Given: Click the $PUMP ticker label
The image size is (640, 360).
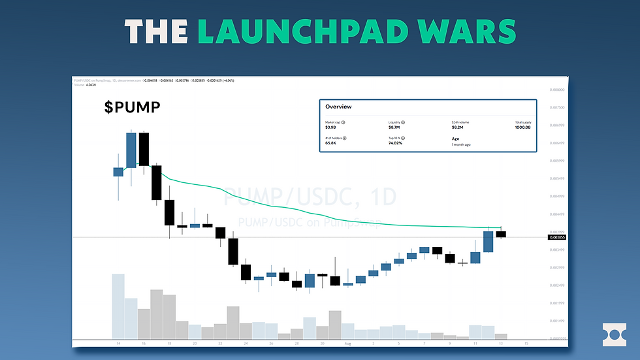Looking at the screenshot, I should click(x=132, y=106).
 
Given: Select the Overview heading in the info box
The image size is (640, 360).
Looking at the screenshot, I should click(x=338, y=106).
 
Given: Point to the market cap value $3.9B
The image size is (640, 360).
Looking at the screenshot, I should click(x=330, y=127).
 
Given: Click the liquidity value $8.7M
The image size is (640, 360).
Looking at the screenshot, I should click(x=394, y=127).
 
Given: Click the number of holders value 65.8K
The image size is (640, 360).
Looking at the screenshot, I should click(x=332, y=144).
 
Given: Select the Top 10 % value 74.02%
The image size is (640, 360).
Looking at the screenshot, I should click(x=396, y=144).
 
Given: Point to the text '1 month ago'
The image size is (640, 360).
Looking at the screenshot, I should click(x=461, y=144).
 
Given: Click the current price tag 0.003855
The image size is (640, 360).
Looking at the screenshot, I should click(x=557, y=237).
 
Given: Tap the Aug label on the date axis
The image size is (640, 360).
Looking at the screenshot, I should click(x=347, y=342).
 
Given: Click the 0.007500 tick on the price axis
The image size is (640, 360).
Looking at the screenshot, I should click(x=557, y=108).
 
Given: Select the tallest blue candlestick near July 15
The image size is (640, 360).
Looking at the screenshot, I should click(x=131, y=150).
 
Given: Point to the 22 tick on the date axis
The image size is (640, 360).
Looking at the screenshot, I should click(x=220, y=342).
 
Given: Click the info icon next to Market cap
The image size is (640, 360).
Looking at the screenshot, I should click(x=344, y=122).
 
